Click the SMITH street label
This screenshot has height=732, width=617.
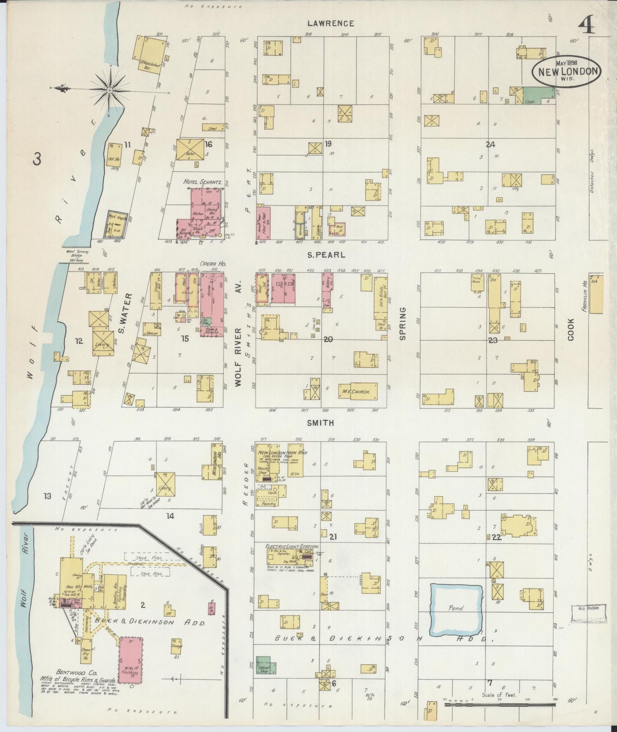pyautogui.click(x=320, y=423)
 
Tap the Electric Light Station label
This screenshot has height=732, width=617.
pyautogui.click(x=292, y=546)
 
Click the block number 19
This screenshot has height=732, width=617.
pyautogui.click(x=328, y=144)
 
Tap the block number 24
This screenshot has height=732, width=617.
pyautogui.click(x=490, y=144)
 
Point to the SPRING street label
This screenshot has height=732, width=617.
pyautogui.click(x=402, y=323)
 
